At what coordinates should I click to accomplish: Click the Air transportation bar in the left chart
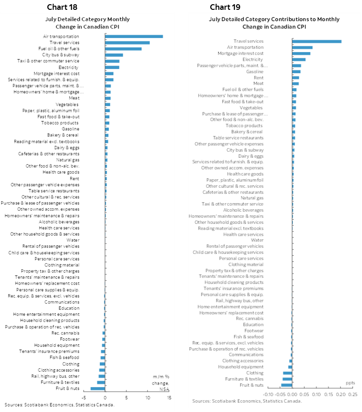click(x=134, y=36)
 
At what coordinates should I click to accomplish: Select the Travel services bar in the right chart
click(x=316, y=41)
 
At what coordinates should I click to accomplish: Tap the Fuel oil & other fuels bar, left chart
click(x=123, y=48)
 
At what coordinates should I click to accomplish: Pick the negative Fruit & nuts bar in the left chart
click(x=98, y=389)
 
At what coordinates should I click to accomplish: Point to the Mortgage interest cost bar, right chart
click(x=301, y=53)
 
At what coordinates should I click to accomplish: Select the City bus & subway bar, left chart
click(x=114, y=55)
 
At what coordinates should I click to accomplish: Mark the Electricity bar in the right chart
click(x=299, y=60)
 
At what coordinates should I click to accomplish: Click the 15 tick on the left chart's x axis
click(x=169, y=397)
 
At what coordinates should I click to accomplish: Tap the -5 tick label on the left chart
click(x=83, y=397)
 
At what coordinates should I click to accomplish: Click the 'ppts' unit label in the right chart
click(x=350, y=383)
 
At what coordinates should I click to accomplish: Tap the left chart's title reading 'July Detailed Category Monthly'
click(x=87, y=19)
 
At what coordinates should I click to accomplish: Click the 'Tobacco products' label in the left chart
click(x=64, y=123)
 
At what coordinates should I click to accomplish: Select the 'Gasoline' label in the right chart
click(x=254, y=72)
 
